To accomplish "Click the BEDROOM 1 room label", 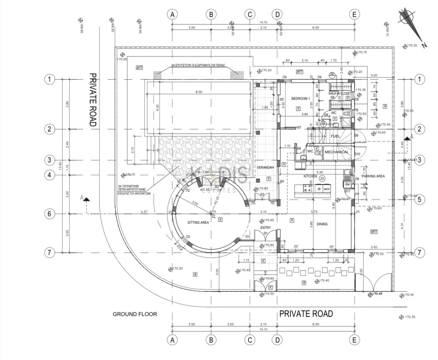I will pos(300,98).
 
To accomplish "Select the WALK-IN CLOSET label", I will pos(340,93).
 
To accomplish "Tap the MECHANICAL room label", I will pos(336,152).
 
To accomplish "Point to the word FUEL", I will pos(335,136).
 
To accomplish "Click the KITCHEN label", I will pos(310,176).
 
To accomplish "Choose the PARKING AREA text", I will pos(373,176).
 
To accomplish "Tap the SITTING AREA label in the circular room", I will pos(198,223).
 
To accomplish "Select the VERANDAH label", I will pos(265,167).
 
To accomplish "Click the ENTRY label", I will pos(265,228).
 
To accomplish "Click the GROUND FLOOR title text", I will pos(135,314).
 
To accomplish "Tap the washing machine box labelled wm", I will pos(326,188).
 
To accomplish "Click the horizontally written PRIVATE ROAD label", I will pos(306,314).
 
